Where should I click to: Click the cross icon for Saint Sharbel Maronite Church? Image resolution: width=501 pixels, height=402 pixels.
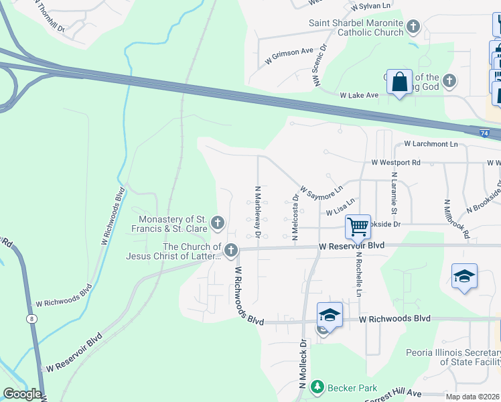(413, 27)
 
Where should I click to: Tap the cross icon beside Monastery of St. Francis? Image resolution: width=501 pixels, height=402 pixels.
(217, 222)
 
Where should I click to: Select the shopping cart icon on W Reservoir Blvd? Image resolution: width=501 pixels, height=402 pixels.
(358, 227)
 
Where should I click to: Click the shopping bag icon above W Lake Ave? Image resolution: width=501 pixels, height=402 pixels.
(399, 82)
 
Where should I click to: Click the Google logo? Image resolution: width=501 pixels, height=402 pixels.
(22, 394)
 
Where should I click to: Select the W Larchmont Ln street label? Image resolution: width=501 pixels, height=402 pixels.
(431, 144)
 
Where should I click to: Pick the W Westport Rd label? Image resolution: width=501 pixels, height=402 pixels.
(396, 162)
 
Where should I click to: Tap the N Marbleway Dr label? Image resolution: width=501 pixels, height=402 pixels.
(257, 212)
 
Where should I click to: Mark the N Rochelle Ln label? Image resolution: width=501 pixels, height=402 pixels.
(359, 274)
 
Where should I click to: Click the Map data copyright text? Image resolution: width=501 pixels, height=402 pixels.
(472, 397)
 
